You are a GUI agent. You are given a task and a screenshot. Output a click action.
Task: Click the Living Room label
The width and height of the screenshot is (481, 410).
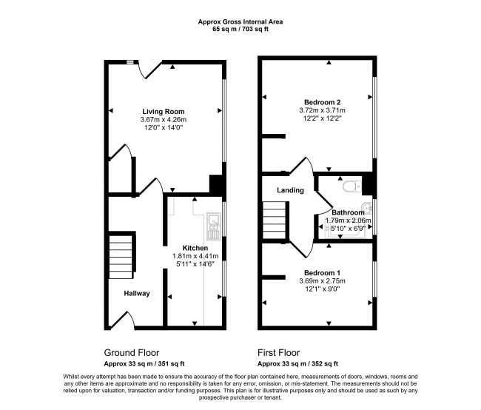coord(163,111)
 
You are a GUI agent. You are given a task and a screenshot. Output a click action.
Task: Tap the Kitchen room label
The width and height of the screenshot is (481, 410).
coord(184,247)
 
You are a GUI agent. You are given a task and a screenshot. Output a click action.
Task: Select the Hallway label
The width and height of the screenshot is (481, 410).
coord(137,294)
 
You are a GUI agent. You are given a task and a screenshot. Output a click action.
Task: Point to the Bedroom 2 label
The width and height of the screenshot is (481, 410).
coord(322,101)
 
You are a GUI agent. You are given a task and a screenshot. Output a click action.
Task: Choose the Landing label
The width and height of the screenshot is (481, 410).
coord(290,190)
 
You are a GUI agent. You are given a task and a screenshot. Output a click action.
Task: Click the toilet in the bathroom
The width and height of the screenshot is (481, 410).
coord(351,186)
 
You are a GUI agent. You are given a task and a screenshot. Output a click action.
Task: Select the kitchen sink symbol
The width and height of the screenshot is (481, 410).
coord(214,221)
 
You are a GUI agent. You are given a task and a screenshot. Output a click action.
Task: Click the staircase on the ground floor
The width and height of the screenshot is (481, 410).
coord(121,255)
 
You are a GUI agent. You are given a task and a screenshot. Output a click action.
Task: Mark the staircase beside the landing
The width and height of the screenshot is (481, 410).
coord(275,221)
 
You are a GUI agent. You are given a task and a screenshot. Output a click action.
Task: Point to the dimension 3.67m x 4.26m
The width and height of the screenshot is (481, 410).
coord(163,120)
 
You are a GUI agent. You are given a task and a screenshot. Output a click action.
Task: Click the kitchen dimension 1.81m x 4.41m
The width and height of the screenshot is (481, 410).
coord(184,256)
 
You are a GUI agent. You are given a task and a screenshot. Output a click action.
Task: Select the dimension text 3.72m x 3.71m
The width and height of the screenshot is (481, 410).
coord(322,110)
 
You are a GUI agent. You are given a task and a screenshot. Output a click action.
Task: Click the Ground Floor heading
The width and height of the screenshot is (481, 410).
coord(131,352)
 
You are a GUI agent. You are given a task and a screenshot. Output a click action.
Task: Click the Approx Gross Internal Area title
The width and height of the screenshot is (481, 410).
coord(240,22)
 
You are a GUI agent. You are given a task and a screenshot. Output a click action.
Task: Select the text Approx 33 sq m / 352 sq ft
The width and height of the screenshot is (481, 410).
coord(297,363)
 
